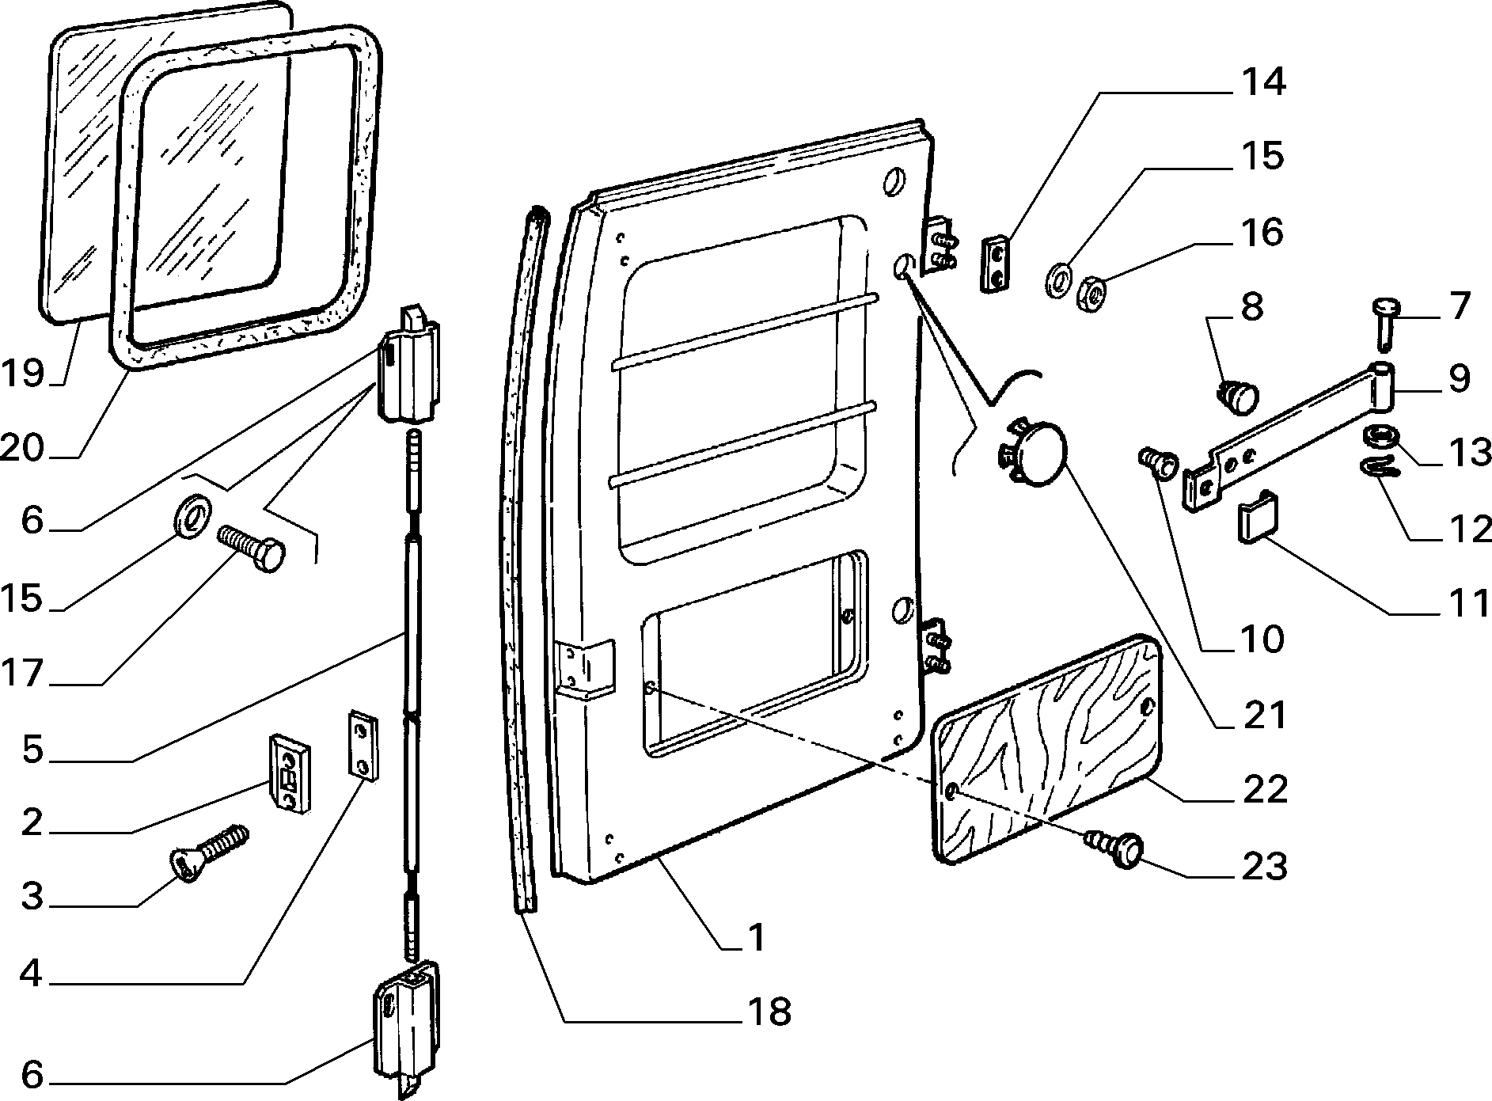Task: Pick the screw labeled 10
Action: click(x=1157, y=462)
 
